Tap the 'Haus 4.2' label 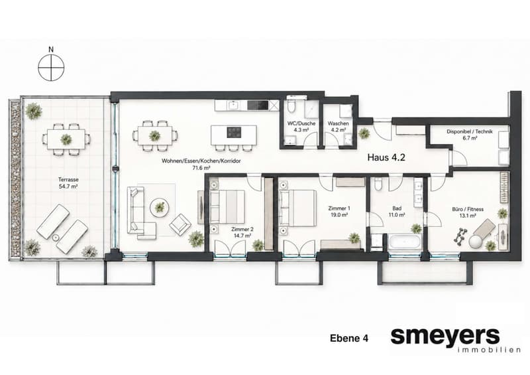386,157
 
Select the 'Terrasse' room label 68,180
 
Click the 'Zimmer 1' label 339,208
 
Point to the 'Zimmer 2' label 242,230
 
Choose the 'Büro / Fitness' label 468,209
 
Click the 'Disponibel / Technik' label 470,131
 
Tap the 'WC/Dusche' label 301,123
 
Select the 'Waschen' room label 338,123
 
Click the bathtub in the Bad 404,242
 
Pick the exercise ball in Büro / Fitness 476,242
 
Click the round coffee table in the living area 160,207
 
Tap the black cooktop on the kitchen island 235,132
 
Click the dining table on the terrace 66,139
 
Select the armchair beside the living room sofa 180,224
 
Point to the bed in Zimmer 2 227,206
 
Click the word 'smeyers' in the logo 445,336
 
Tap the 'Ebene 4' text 349,338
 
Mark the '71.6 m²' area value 201,168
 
